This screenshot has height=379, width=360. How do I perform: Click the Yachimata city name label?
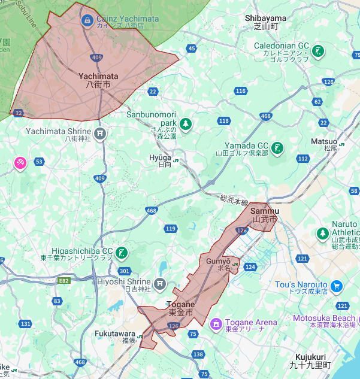[x=98, y=80]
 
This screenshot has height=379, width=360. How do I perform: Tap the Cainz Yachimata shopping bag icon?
[x=87, y=20]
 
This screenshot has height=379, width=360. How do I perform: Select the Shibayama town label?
[x=265, y=22]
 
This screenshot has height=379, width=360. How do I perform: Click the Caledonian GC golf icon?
[x=320, y=50]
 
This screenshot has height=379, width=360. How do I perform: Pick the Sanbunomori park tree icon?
[x=186, y=123]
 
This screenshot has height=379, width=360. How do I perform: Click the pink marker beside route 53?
[x=20, y=162]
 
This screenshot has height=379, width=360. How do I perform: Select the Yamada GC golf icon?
[x=277, y=147]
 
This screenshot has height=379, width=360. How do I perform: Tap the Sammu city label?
[x=265, y=215]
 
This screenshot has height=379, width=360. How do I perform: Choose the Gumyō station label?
[x=219, y=265]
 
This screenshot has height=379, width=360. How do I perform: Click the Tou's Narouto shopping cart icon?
[x=337, y=285]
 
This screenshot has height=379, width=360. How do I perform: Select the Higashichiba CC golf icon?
[x=122, y=252]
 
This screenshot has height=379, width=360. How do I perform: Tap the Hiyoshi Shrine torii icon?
[x=159, y=283]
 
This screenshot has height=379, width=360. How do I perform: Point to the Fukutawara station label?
[x=115, y=336]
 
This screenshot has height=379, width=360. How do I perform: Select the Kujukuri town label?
[x=310, y=360]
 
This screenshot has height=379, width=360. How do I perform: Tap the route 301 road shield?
[x=125, y=271]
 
